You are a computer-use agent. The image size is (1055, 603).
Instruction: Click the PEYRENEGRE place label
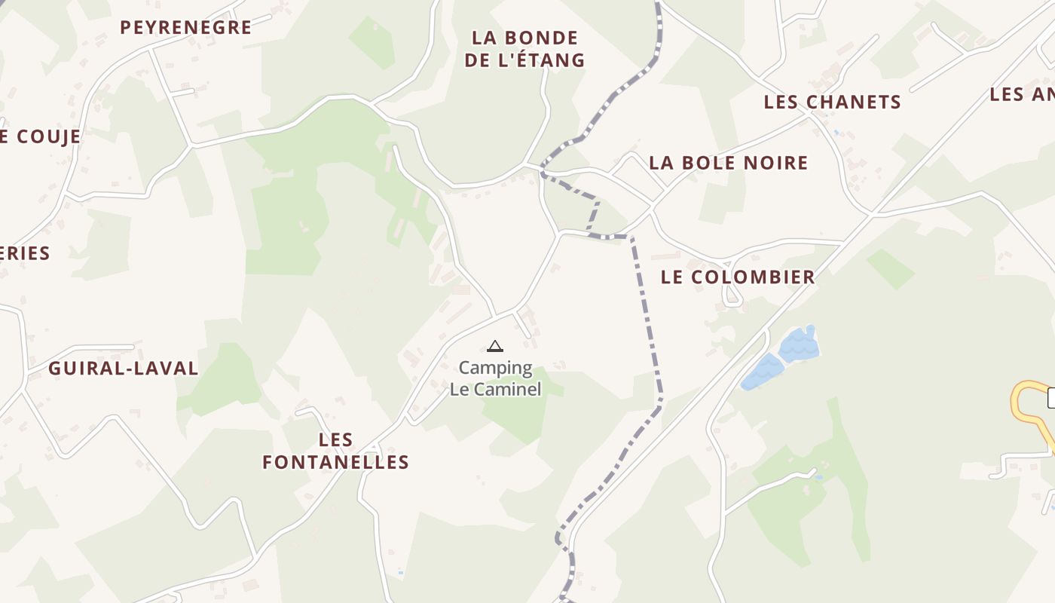pyautogui.click(x=185, y=27)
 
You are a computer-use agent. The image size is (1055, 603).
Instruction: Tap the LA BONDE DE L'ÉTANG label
pyautogui.click(x=524, y=49)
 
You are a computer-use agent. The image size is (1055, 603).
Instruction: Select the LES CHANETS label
pyautogui.click(x=832, y=102)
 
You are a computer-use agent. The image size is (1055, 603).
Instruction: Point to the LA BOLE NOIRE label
pyautogui.click(x=728, y=163)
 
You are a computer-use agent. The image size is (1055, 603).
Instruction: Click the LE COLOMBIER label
pyautogui.click(x=738, y=277)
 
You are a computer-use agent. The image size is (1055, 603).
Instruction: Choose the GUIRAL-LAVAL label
pyautogui.click(x=124, y=369)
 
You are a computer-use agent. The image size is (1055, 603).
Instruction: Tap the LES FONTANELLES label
pyautogui.click(x=335, y=451)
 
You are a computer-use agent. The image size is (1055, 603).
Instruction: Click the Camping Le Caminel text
pyautogui.click(x=495, y=378)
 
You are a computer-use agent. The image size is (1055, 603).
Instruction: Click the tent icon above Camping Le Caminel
pyautogui.click(x=494, y=346)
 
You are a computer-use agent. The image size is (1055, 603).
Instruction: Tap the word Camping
pyautogui.click(x=495, y=368)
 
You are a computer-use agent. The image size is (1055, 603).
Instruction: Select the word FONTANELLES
pyautogui.click(x=335, y=462)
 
